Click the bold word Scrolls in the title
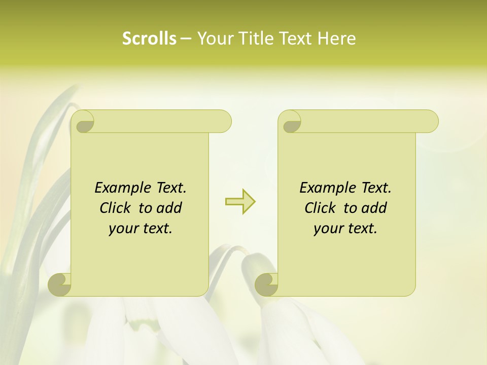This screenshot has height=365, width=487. (149, 39)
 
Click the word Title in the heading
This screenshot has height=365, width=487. (257, 39)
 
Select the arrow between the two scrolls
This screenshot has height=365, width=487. (240, 202)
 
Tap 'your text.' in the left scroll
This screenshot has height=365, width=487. (141, 229)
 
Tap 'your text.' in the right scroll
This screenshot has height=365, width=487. (345, 229)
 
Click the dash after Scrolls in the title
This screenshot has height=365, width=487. (186, 39)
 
